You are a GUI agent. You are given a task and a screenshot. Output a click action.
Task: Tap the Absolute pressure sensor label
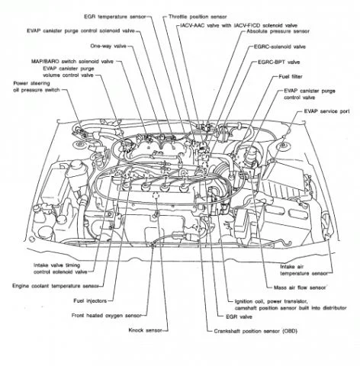point(274,32)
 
